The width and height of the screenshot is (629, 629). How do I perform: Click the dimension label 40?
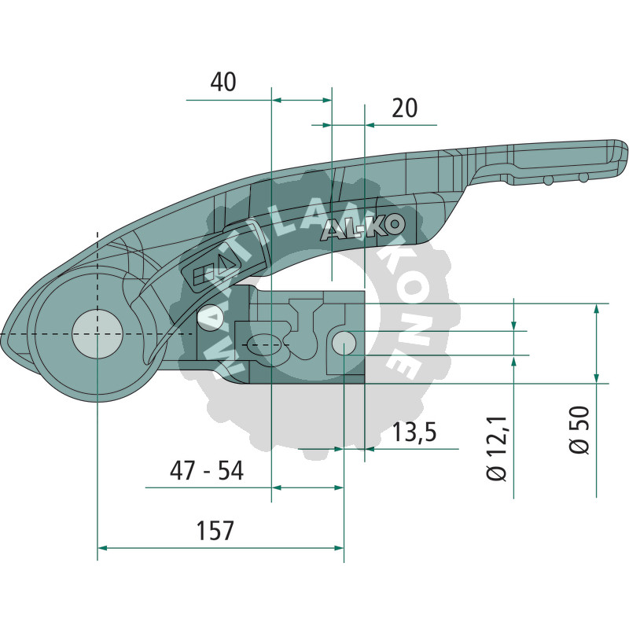point(223,82)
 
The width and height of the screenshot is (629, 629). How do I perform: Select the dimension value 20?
point(404,108)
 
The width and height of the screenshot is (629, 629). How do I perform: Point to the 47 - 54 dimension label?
point(207,471)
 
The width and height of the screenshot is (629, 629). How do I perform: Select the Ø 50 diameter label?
point(579,432)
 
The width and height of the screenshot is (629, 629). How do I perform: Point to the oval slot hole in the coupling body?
point(263,344)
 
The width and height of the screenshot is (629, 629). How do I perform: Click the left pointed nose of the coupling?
point(5,335)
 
